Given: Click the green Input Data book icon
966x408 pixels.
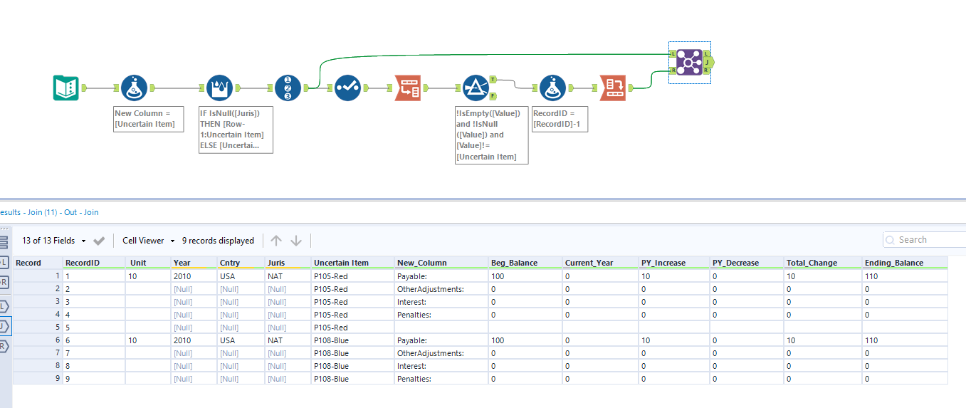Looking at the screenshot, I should tap(66, 88).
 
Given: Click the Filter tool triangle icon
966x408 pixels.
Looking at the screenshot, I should tap(476, 88).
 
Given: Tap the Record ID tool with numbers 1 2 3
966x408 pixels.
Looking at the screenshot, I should tap(288, 88).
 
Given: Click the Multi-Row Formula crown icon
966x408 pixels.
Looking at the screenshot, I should tap(219, 88).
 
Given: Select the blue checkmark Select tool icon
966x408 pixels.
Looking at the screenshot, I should tap(347, 88).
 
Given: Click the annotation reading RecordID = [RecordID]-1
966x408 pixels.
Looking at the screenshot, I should tap(560, 119).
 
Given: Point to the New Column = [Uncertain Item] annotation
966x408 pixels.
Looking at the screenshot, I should tap(149, 119).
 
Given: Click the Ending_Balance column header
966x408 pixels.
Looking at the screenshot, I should tap(894, 263).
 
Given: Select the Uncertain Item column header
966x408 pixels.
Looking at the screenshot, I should tap(341, 263).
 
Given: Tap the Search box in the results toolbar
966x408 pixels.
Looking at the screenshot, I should tap(925, 240).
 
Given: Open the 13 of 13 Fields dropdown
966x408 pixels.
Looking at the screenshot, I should tap(54, 241).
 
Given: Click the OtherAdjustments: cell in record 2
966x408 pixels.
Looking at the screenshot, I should tap(431, 289).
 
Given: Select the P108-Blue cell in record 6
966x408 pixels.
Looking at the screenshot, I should tap(331, 340).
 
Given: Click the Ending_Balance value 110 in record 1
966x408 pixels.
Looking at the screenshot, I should tap(872, 276).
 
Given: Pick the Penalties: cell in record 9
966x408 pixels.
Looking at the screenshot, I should tap(415, 379).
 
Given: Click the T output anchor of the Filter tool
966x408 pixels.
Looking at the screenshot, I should tap(493, 80).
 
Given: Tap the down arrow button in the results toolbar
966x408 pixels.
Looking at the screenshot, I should tap(296, 241).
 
